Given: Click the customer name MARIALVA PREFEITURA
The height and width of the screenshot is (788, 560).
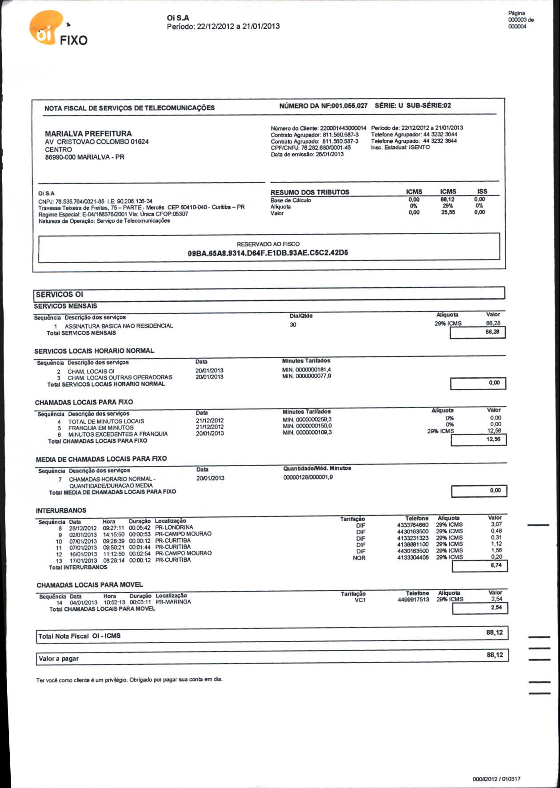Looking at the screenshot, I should coord(88,133).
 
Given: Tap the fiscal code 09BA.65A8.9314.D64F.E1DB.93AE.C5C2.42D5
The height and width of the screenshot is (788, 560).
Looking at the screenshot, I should coord(268,253).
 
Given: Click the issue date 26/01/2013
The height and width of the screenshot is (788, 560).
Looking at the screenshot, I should coord(329,154).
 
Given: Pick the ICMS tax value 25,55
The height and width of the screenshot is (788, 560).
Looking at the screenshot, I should coord(448,212).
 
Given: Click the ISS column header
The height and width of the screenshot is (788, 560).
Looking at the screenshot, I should coord(482,192).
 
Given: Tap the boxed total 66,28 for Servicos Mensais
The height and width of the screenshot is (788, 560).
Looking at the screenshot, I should coord(492,332).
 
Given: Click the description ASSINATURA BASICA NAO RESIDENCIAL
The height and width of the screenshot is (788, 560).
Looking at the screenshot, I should coord(119,326).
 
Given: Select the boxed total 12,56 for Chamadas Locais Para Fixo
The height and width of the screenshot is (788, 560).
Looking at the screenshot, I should coord(493,439).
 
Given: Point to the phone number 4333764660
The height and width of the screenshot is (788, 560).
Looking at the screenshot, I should coord(413,525).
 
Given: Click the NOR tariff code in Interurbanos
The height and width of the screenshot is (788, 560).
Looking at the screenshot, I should coord(359,558).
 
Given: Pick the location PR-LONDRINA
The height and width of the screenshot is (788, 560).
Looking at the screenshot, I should coord(174,527).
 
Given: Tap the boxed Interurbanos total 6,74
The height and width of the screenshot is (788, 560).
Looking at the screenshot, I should coord(496,565).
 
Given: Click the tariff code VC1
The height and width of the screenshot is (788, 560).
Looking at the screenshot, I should coord(360,600).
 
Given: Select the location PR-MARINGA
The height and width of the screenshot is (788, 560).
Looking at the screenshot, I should coord(173,602).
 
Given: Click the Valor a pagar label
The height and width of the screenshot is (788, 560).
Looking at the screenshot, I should coord(59,659).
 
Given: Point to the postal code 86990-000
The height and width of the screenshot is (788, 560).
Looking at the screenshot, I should coord(60,157).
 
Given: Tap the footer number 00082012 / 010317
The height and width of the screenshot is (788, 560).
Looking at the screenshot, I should coord(496,779).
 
